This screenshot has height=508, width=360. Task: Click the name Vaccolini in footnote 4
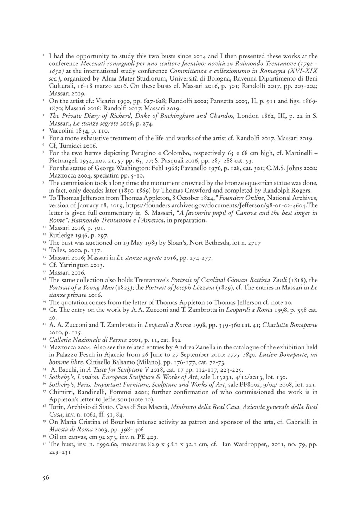61,131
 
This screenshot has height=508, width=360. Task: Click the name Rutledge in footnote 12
61,235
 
